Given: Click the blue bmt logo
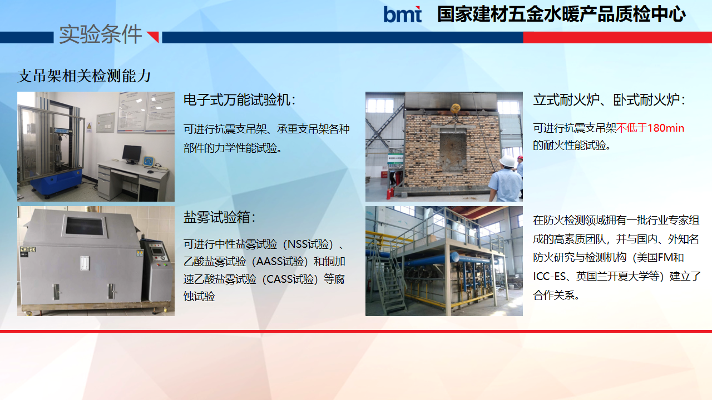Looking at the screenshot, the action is [x=402, y=14].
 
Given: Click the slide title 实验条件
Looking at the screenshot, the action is [x=101, y=34].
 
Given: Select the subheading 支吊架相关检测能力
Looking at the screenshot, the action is [x=84, y=76].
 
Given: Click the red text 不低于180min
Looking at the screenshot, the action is [x=650, y=128].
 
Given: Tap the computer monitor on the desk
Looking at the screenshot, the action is [x=132, y=154].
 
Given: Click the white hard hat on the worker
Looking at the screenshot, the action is [x=507, y=161].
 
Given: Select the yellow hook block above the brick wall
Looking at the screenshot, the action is [x=455, y=108].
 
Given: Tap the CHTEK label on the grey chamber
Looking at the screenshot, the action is [x=28, y=249].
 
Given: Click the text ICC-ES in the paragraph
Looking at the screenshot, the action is [x=549, y=277].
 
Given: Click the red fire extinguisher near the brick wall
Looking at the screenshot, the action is [x=388, y=193].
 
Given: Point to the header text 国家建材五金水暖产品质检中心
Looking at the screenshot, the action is [x=561, y=14].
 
